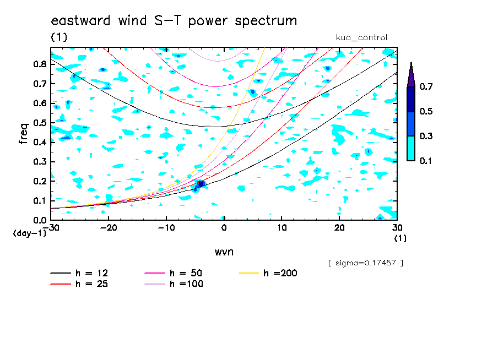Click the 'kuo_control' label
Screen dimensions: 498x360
click(361, 37)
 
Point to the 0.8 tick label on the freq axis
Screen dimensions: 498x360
click(40, 64)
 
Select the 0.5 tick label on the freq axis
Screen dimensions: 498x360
click(40, 123)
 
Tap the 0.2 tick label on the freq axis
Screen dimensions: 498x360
click(40, 181)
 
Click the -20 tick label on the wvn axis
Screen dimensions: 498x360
click(109, 228)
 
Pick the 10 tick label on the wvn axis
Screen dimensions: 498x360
click(282, 228)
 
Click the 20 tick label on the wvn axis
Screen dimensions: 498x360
click(339, 228)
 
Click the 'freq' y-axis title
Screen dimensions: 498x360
click(24, 134)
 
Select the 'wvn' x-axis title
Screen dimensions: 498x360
click(224, 252)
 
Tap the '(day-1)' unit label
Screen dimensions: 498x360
click(30, 233)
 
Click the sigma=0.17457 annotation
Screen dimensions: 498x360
click(366, 263)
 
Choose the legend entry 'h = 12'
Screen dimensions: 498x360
click(79, 273)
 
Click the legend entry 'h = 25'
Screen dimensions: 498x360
click(79, 284)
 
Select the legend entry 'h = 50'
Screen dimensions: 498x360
click(174, 273)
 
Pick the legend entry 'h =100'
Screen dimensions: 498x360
click(174, 284)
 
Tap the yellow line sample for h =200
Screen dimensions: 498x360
click(249, 273)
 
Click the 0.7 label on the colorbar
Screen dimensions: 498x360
click(426, 86)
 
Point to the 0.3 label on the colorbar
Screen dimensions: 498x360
click(426, 136)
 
